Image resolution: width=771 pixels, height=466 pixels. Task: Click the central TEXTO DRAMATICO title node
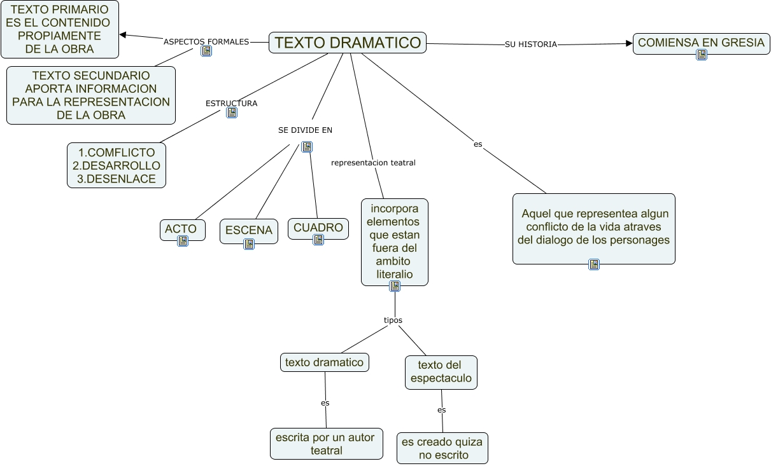coord(348,43)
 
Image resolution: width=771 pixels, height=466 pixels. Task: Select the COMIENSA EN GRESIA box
coord(701,43)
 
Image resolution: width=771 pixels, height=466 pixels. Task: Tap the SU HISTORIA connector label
coord(530,45)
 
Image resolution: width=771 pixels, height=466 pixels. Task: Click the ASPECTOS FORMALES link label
coord(206,42)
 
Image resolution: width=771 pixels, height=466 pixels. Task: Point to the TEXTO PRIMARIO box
coord(60,29)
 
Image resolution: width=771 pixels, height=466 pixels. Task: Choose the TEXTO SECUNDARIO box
coord(91,95)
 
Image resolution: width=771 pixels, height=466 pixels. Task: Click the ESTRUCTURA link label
coord(232,103)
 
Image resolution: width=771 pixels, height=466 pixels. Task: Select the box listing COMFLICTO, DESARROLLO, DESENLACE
coord(117,165)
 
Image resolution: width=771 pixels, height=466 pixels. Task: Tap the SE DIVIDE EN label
coord(305,130)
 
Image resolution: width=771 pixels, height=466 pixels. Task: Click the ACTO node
coord(182,229)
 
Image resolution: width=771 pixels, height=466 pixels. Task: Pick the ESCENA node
coord(249,231)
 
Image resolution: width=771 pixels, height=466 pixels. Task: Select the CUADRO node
coord(318,228)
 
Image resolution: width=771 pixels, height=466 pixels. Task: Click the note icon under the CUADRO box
coord(318,240)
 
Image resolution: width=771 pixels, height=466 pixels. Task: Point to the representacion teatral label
coord(373,163)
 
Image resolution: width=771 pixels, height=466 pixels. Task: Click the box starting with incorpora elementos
coord(395,242)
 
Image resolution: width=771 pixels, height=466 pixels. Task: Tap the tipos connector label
coord(393,320)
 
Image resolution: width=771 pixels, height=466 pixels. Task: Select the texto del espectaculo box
coord(441,372)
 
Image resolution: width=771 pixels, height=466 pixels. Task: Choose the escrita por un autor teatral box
coord(326,444)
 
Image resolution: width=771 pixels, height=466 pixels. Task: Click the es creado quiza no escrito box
coord(442,448)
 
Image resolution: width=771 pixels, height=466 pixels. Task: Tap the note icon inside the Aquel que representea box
coord(594,264)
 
